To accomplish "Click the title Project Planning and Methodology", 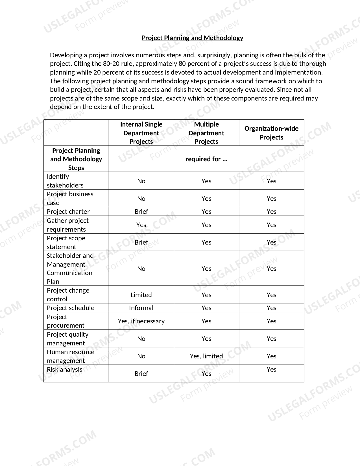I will pyautogui.click(x=192, y=38).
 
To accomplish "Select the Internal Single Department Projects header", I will pyautogui.click(x=141, y=133).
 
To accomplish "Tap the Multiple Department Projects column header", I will pyautogui.click(x=206, y=133).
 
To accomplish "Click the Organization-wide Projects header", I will pyautogui.click(x=271, y=133).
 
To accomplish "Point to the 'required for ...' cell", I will pyautogui.click(x=206, y=159).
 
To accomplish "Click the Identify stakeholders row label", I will pyautogui.click(x=65, y=181).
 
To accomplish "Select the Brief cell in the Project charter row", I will pyautogui.click(x=141, y=212).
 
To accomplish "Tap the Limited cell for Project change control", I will pyautogui.click(x=141, y=295).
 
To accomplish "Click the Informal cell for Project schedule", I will pyautogui.click(x=141, y=308).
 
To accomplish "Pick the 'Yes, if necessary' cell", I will pyautogui.click(x=141, y=321).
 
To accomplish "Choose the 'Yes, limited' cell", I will pyautogui.click(x=206, y=356).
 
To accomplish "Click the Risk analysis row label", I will pyautogui.click(x=65, y=369).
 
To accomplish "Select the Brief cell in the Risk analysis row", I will pyautogui.click(x=141, y=374).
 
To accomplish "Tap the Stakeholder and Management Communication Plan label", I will pyautogui.click(x=70, y=268).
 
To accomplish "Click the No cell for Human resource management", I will pyautogui.click(x=141, y=356).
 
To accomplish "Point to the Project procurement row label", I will pyautogui.click(x=66, y=321).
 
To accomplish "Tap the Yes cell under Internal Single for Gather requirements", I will pyautogui.click(x=141, y=225).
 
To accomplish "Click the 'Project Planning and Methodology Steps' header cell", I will pyautogui.click(x=76, y=159).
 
